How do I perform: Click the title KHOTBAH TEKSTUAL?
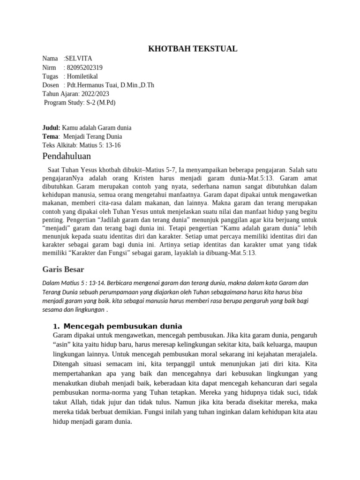pos(193,49)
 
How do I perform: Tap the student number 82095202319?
pos(85,67)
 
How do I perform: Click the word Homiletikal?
pos(83,76)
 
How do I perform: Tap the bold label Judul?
pos(51,128)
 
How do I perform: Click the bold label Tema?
pos(51,136)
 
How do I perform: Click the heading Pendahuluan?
pos(67,157)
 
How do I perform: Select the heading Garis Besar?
pos(63,270)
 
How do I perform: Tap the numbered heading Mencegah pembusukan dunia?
pos(122,326)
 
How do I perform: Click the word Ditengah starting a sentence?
pos(67,364)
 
